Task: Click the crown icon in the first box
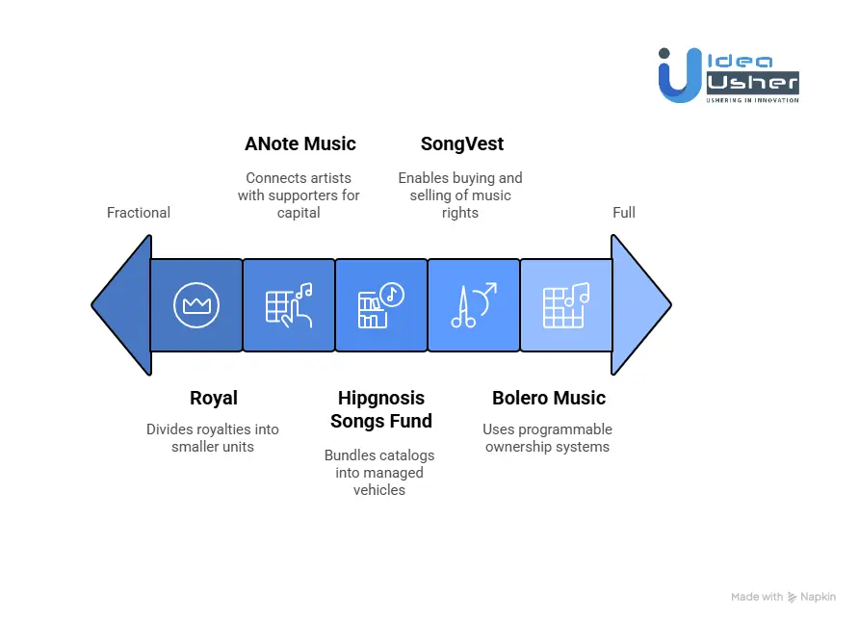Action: pos(196,305)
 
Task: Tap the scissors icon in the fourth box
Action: pos(473,305)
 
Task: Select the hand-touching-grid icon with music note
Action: pos(289,305)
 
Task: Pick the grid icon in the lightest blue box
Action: pos(565,305)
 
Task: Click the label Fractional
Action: pos(139,213)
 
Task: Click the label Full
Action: pos(624,213)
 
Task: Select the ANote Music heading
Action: pos(300,144)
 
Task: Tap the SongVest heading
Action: pos(462,144)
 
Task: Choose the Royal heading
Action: pos(214,398)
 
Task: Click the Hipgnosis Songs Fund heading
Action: pos(381,409)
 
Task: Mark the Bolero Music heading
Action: pos(549,398)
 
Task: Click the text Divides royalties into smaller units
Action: pos(213,438)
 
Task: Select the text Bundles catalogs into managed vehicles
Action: pos(379,472)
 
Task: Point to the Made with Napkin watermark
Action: pos(783,597)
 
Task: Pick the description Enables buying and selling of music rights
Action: pos(460,195)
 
